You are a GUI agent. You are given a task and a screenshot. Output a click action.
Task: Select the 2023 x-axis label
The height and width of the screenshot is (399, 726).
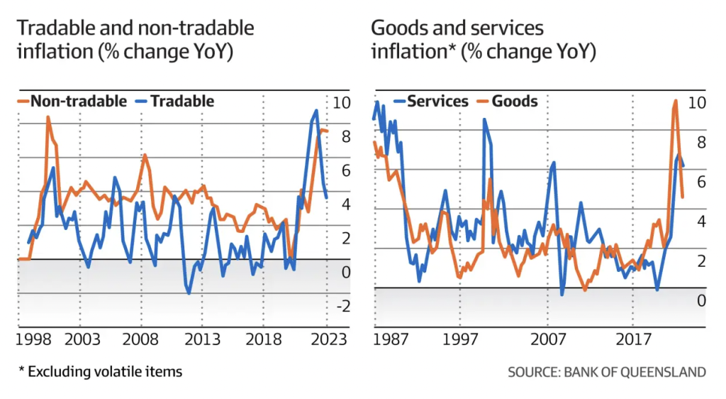pos(328,339)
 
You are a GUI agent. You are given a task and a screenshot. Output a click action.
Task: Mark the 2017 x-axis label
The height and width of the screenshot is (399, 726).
pos(633,339)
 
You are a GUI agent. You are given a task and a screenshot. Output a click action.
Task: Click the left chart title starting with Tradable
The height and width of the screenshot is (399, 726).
pos(135,40)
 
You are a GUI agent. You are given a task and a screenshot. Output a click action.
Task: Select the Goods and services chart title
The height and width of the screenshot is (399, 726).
pos(483,40)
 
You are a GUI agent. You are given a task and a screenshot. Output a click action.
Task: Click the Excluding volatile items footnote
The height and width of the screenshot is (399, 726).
pos(100,371)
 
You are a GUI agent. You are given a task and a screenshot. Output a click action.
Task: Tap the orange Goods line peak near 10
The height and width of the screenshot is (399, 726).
pos(675,101)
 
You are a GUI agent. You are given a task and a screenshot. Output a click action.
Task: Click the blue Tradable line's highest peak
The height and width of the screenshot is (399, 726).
pos(316,111)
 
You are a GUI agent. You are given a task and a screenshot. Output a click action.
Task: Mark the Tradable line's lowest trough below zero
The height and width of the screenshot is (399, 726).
pos(189,293)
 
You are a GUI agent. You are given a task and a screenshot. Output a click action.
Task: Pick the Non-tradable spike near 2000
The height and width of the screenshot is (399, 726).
pos(48,117)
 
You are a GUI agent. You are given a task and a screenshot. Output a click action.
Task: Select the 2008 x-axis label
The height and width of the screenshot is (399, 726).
pos(140,339)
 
